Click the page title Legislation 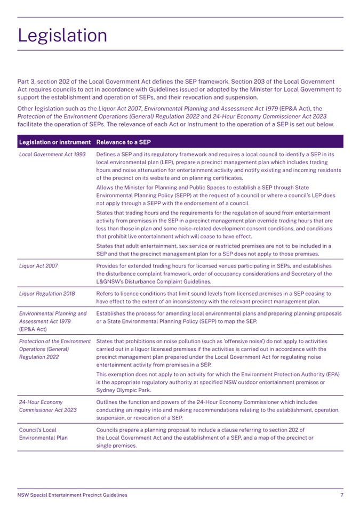(62, 35)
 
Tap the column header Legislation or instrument (55, 142)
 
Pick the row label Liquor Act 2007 (38, 265)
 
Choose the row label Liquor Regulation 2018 (47, 294)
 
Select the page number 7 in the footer (341, 495)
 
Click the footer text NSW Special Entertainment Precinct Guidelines (73, 495)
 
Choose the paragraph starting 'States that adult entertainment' (213, 249)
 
